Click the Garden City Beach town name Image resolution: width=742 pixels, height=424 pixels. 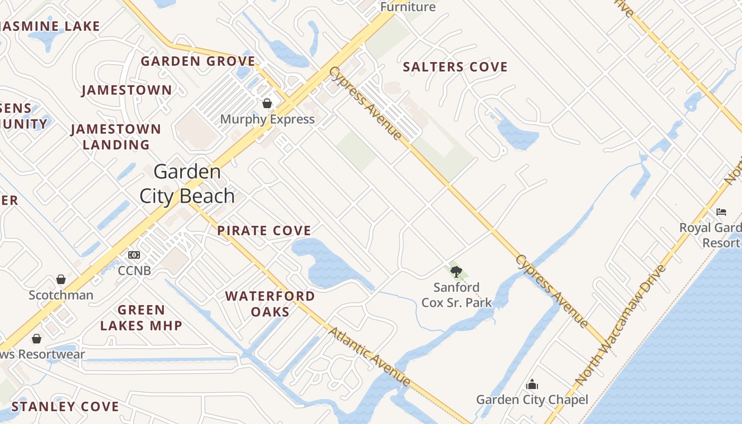(x=187, y=184)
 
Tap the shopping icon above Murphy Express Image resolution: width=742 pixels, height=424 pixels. (x=267, y=103)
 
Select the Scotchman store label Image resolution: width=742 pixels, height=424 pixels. (x=61, y=295)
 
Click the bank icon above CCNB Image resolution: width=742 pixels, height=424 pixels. (x=134, y=255)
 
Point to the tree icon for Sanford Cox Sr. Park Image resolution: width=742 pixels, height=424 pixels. (x=456, y=272)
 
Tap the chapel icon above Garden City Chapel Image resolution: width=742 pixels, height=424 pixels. (x=532, y=384)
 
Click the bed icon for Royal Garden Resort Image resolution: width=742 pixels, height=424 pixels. (x=721, y=212)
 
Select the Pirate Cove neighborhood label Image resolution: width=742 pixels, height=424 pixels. (x=264, y=231)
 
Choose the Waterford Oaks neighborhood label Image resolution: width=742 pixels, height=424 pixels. (x=270, y=304)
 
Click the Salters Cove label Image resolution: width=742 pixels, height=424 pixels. (x=455, y=67)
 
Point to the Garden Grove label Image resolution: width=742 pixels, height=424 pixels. (x=198, y=61)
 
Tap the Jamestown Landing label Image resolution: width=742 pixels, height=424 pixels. (x=116, y=137)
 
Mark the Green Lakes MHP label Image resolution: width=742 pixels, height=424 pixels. (x=142, y=317)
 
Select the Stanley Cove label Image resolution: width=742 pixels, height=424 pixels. (x=65, y=407)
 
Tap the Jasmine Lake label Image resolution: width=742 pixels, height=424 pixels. (x=50, y=26)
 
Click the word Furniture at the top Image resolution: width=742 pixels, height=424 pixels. (x=408, y=7)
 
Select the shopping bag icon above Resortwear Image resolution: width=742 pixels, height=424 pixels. (x=37, y=338)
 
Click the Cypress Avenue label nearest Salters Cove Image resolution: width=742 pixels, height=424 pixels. (x=365, y=103)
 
